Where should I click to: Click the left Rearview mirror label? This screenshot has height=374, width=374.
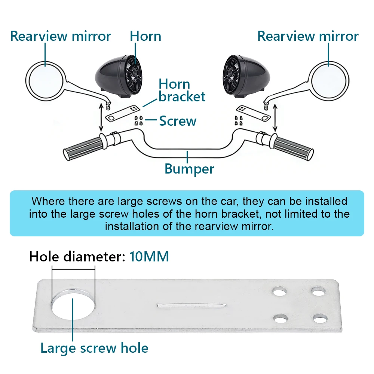click(x=61, y=36)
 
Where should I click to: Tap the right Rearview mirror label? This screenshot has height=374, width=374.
click(x=308, y=36)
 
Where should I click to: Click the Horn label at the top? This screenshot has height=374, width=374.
click(x=145, y=36)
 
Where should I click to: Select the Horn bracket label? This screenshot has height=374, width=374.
click(x=182, y=91)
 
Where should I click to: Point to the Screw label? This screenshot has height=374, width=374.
click(x=178, y=121)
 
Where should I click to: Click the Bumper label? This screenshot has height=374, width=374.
click(x=189, y=169)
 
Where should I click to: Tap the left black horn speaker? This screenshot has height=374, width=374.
click(x=119, y=76)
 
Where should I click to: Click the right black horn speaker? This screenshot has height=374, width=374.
click(x=246, y=76)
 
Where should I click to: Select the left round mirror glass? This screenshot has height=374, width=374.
click(x=46, y=81)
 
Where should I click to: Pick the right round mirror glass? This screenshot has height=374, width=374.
click(x=329, y=81)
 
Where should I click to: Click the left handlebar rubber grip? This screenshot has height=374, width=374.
click(x=83, y=148)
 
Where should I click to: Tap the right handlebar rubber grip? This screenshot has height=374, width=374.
click(x=293, y=148)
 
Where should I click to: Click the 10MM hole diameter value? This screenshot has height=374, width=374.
click(x=149, y=257)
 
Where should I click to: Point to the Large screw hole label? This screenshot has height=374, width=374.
click(x=95, y=348)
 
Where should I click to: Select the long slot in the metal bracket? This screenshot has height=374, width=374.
click(x=191, y=306)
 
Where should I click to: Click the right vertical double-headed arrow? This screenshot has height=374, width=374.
click(x=275, y=118)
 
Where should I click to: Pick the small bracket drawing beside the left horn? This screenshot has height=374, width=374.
click(x=123, y=113)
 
